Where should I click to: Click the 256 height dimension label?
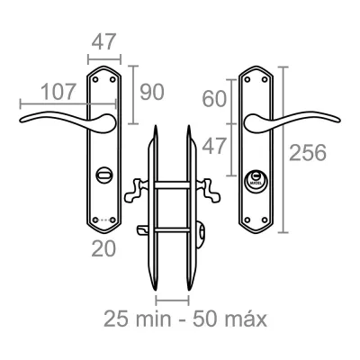[308, 152]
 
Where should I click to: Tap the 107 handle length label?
[58, 92]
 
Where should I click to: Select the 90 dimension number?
[152, 92]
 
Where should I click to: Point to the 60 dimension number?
[214, 99]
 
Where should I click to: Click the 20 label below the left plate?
[103, 249]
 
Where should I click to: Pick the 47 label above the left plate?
[103, 41]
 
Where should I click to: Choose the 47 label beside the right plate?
[213, 147]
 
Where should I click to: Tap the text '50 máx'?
[229, 319]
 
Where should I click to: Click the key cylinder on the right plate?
[256, 181]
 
